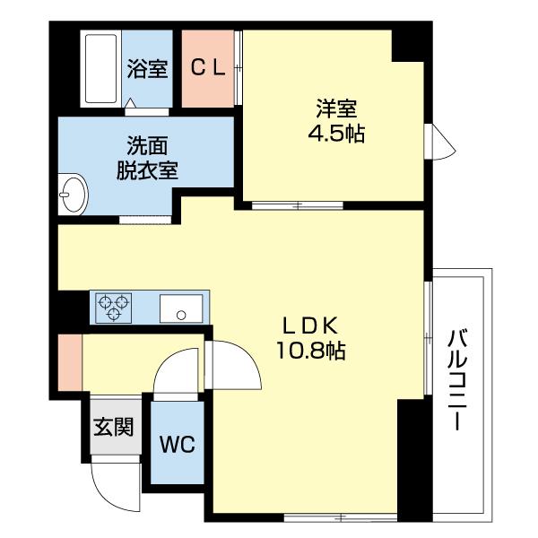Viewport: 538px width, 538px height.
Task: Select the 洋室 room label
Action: [x=336, y=108]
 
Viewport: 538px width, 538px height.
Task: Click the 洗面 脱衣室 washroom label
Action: [x=147, y=159]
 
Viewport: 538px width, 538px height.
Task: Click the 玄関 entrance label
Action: [x=113, y=425]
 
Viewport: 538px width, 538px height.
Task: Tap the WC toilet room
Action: [x=178, y=443]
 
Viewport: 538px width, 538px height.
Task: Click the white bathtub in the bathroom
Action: [x=100, y=67]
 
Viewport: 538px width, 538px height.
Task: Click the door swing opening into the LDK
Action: [x=228, y=362]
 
